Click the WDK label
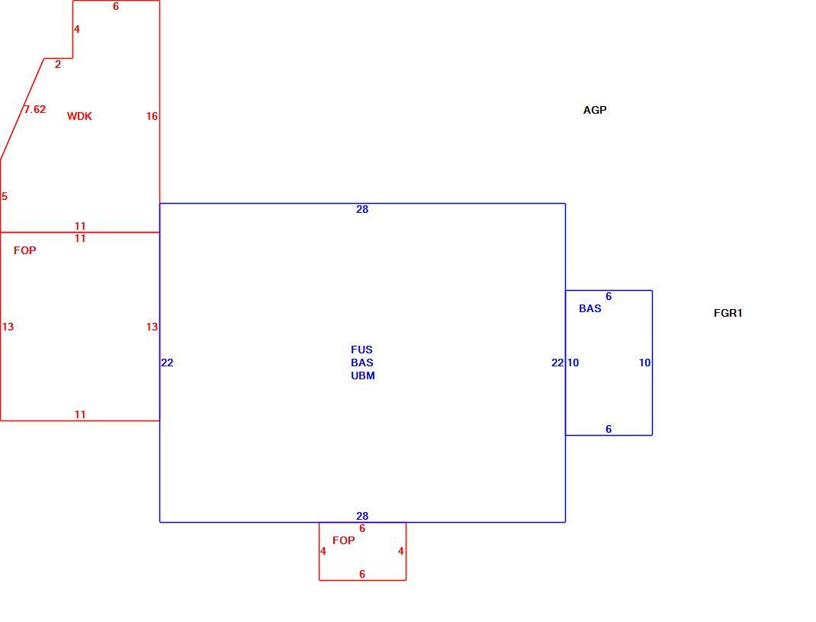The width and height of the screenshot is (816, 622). click(79, 116)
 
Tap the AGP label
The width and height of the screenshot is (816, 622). click(595, 110)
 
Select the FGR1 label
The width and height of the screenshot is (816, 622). click(728, 313)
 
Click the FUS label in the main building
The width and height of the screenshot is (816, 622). click(361, 350)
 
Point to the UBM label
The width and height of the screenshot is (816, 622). click(363, 375)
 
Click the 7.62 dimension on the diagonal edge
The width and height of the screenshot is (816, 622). click(35, 109)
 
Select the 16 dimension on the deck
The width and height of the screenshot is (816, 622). click(152, 116)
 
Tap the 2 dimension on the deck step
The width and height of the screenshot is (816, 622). click(58, 65)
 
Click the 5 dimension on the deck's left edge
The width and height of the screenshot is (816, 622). click(5, 196)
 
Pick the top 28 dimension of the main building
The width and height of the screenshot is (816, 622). click(362, 209)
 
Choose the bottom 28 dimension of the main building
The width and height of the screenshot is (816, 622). click(362, 516)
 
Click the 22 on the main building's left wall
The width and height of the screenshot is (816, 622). click(167, 363)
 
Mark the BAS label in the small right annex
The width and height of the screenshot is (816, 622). click(590, 308)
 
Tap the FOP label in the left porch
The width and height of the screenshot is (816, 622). click(25, 250)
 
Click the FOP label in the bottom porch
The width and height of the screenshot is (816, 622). click(343, 541)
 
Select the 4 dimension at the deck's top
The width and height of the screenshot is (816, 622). click(76, 29)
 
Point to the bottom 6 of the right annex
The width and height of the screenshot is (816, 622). click(609, 429)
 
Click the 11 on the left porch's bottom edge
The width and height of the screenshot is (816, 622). click(79, 414)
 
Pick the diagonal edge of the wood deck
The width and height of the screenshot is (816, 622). click(22, 109)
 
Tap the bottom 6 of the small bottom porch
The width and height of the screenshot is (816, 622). click(362, 574)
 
